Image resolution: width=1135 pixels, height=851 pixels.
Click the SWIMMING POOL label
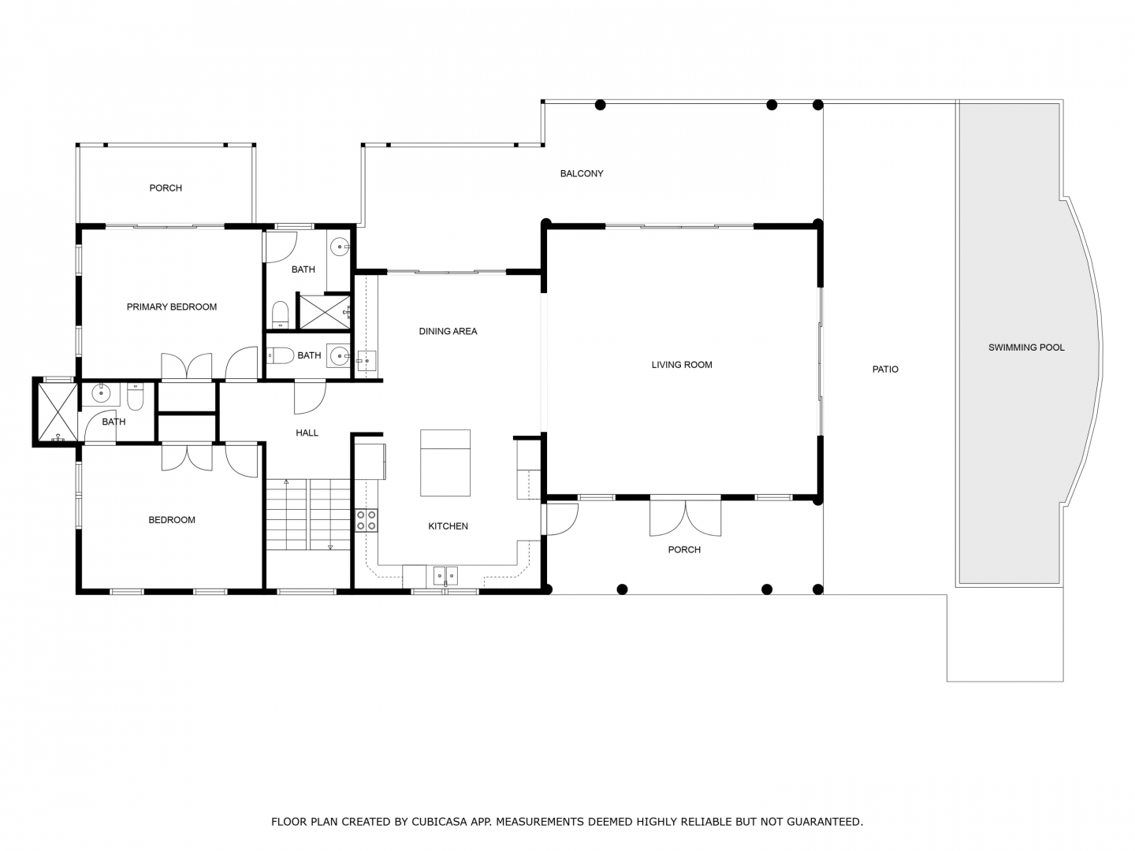(1026, 347)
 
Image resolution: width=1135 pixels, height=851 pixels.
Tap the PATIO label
(884, 370)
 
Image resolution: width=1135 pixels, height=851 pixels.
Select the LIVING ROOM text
(682, 365)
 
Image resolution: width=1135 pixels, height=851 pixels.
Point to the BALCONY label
(582, 173)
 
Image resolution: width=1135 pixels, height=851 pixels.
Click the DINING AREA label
(448, 331)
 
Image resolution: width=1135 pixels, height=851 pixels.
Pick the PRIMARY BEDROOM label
(172, 307)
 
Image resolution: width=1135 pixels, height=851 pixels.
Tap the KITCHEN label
(448, 526)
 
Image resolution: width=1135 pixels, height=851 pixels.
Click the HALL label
(307, 433)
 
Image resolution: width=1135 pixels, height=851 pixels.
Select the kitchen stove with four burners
(366, 520)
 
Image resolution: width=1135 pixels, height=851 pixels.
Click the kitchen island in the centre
(445, 463)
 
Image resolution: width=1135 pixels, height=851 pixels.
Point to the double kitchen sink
(445, 575)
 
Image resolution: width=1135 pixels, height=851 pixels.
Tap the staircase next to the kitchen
(308, 515)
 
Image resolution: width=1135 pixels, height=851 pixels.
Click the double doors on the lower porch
(685, 517)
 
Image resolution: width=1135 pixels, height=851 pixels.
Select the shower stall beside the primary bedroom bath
(325, 311)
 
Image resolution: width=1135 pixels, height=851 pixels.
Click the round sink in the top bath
(340, 247)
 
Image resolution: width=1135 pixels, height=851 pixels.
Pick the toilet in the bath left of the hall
(135, 397)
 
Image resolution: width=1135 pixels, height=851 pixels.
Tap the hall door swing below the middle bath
(310, 397)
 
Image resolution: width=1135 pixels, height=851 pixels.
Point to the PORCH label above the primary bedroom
(166, 188)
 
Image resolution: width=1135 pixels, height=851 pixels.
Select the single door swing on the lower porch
(561, 519)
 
